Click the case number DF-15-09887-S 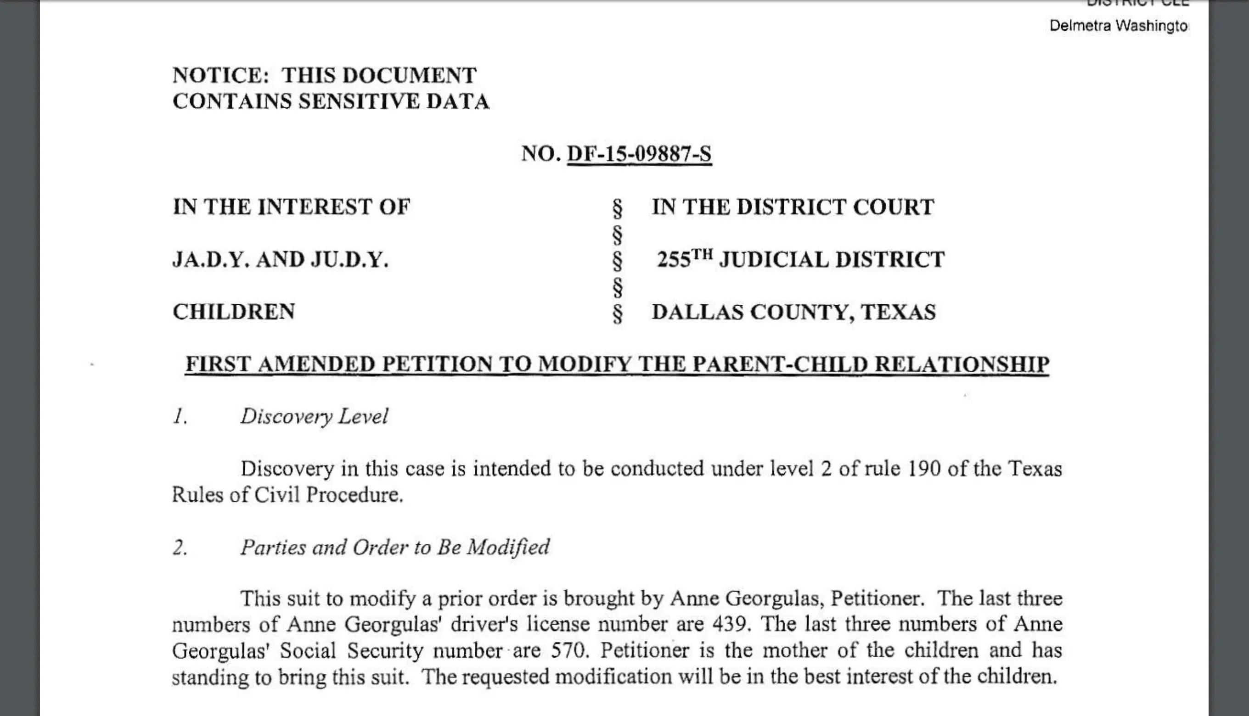click(x=639, y=154)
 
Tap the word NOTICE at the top click(x=220, y=76)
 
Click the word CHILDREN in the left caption click(x=234, y=312)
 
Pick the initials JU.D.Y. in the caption click(x=350, y=260)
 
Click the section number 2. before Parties click(x=180, y=547)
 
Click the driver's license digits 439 click(x=731, y=625)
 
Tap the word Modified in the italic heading click(x=508, y=547)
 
